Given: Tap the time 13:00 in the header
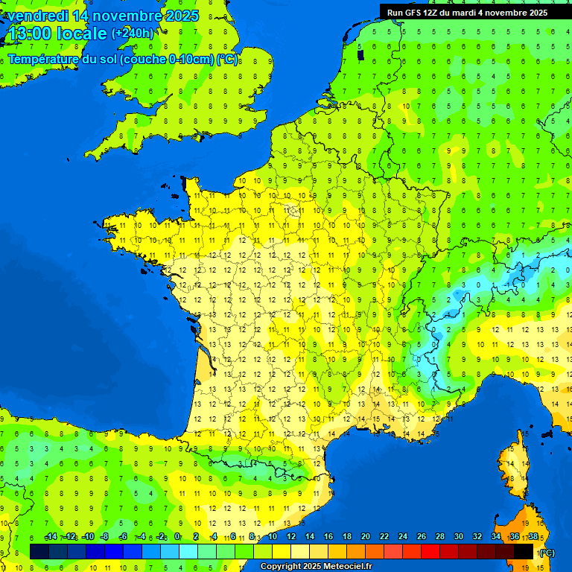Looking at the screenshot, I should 29,34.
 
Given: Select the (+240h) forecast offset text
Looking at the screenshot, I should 133,34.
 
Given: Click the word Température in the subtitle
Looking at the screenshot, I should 45,60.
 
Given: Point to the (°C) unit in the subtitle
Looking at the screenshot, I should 228,60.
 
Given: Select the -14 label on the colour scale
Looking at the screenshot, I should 51,537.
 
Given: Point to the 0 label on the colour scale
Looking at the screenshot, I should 177,537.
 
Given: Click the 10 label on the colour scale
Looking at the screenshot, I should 272,537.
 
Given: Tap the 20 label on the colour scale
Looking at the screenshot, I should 365,537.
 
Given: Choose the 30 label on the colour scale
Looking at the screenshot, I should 459,537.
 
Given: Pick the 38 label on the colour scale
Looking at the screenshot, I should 533,537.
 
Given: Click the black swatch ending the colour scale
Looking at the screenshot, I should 524,551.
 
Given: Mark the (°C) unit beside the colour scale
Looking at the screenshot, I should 546,552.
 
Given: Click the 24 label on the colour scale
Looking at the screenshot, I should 403,537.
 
